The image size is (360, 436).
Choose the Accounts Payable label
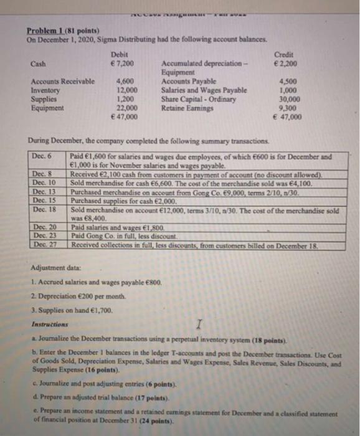pyautogui.click(x=189, y=82)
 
